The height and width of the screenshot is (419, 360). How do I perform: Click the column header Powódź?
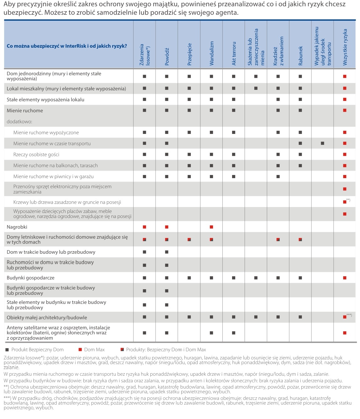(x=167, y=56)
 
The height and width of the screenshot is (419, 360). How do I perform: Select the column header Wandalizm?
(x=212, y=53)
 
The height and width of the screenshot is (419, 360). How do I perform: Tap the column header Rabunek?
(x=301, y=56)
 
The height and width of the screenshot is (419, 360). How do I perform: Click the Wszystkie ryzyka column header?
(x=345, y=47)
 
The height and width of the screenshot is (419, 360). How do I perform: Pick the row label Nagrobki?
(x=17, y=227)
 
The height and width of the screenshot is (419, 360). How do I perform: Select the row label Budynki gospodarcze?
(x=31, y=278)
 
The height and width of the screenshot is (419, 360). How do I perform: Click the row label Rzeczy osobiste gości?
(x=36, y=154)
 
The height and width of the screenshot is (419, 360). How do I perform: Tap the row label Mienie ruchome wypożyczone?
(x=46, y=132)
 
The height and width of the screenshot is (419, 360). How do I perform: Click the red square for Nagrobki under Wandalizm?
(x=211, y=227)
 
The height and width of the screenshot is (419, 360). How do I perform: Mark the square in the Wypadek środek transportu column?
(x=322, y=143)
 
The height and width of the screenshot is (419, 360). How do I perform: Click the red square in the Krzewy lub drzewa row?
(x=345, y=202)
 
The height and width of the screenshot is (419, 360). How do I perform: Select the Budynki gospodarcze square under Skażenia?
(x=256, y=278)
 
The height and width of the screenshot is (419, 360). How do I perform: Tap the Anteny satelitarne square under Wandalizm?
(x=211, y=333)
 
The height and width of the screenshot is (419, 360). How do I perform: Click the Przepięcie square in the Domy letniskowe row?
(x=189, y=240)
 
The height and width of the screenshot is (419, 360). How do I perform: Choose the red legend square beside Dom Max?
(x=80, y=349)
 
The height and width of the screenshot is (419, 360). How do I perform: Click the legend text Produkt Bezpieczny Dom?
(x=37, y=349)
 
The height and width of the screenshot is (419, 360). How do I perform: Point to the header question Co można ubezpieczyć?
(x=67, y=46)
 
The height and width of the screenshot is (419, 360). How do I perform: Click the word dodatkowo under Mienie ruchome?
(x=19, y=121)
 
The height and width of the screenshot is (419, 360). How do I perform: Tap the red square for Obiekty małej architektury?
(x=345, y=317)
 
